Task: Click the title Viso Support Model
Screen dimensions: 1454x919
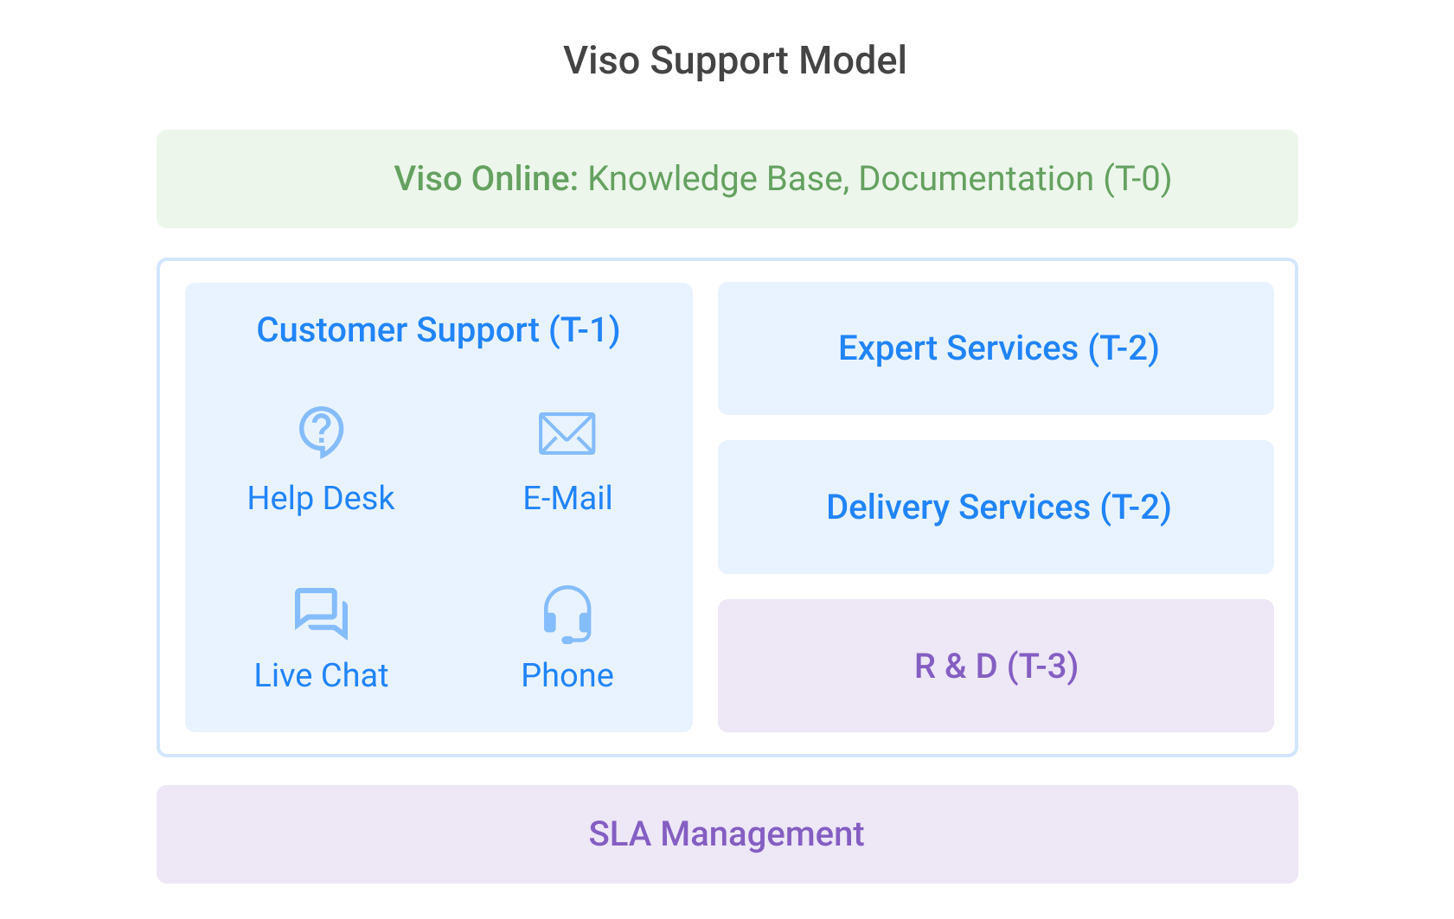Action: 734,61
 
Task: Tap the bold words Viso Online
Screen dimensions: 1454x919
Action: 486,178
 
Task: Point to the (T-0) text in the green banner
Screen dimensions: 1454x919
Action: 1137,179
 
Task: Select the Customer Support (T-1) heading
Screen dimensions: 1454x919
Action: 439,330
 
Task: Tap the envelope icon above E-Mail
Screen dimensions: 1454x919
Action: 567,433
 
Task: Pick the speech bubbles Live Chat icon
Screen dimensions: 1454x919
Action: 320,613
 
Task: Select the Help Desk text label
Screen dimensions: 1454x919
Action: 321,499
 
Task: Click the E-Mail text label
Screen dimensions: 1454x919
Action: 567,499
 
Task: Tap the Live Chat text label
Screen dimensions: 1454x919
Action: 321,675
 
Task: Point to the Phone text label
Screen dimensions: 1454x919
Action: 567,675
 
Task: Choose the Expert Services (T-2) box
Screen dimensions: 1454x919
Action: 996,348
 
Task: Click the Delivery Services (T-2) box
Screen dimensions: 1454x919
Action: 996,507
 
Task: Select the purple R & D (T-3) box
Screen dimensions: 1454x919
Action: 996,666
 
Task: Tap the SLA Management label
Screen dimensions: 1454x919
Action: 727,834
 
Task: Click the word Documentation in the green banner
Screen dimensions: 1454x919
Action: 976,178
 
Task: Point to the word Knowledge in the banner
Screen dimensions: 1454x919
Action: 672,179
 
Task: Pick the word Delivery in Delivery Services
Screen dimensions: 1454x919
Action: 888,508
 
